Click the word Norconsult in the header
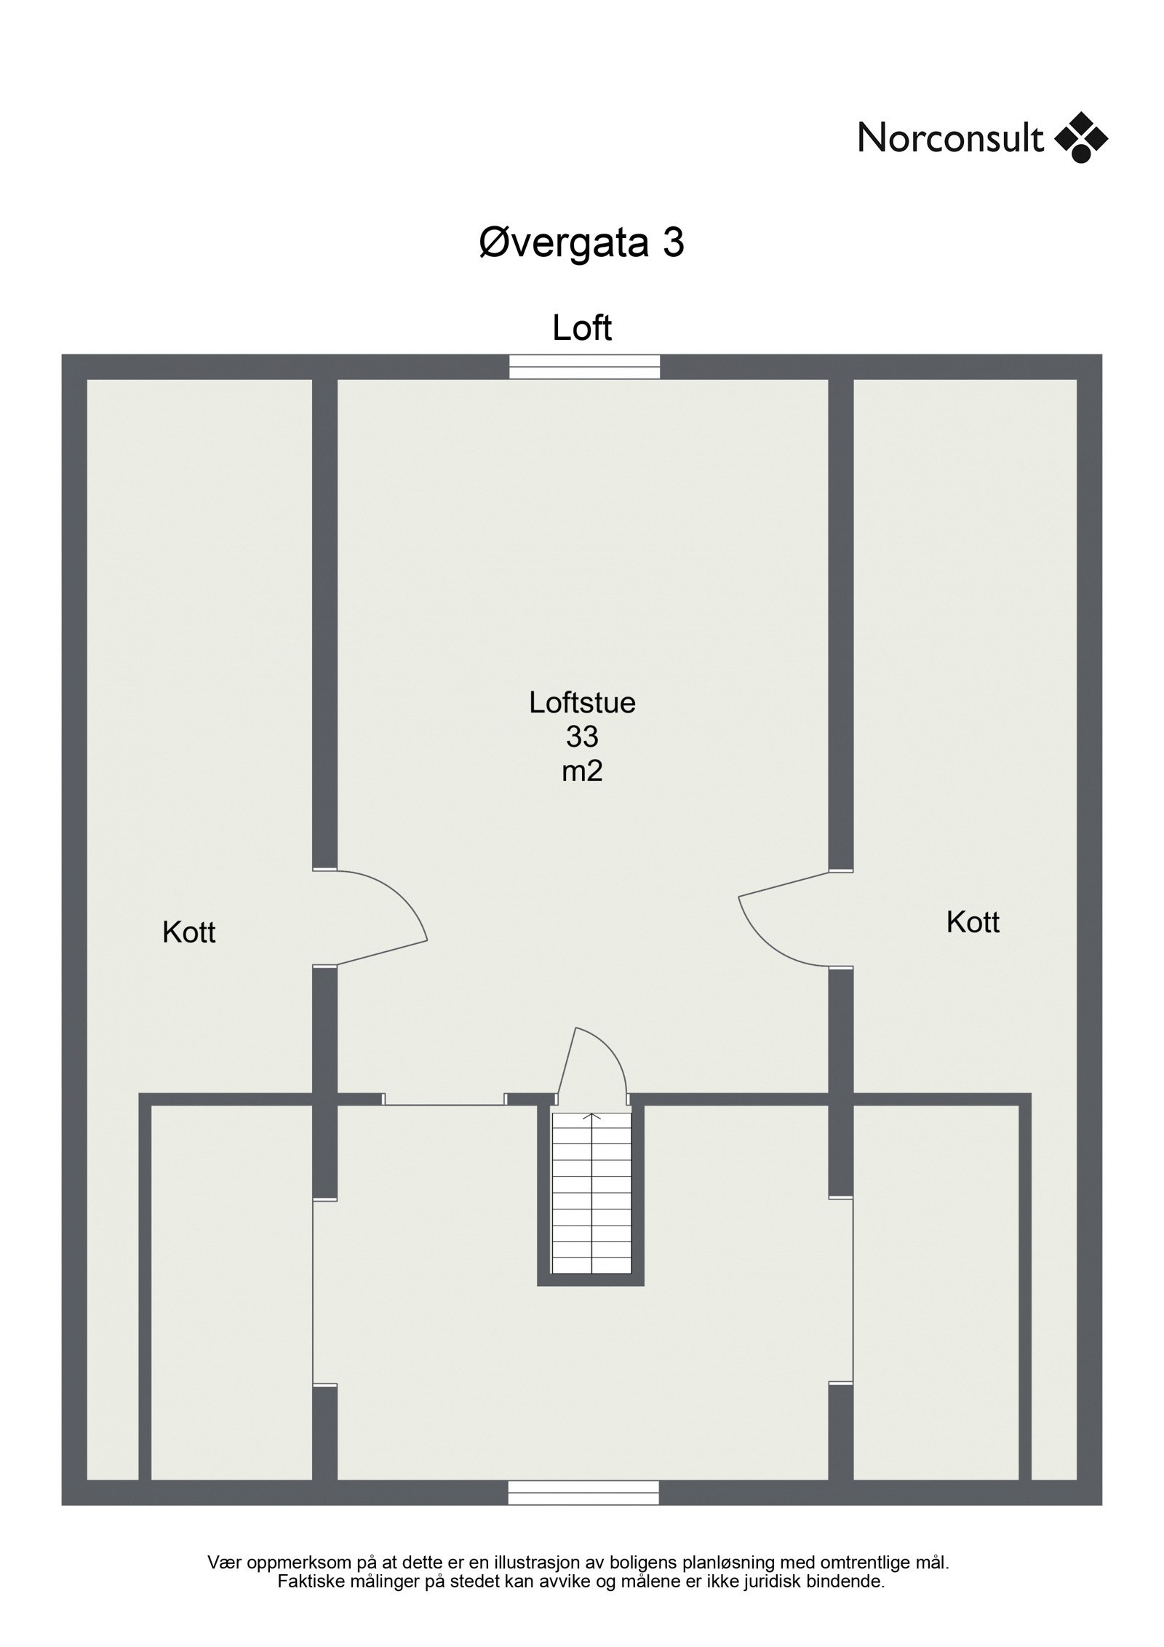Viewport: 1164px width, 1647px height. [950, 138]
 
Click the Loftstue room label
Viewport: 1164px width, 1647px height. [582, 702]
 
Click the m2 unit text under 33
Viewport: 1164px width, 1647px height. [582, 771]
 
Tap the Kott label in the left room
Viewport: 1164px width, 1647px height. [189, 932]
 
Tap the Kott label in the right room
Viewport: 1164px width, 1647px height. [973, 922]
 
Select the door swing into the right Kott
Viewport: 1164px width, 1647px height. [786, 918]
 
